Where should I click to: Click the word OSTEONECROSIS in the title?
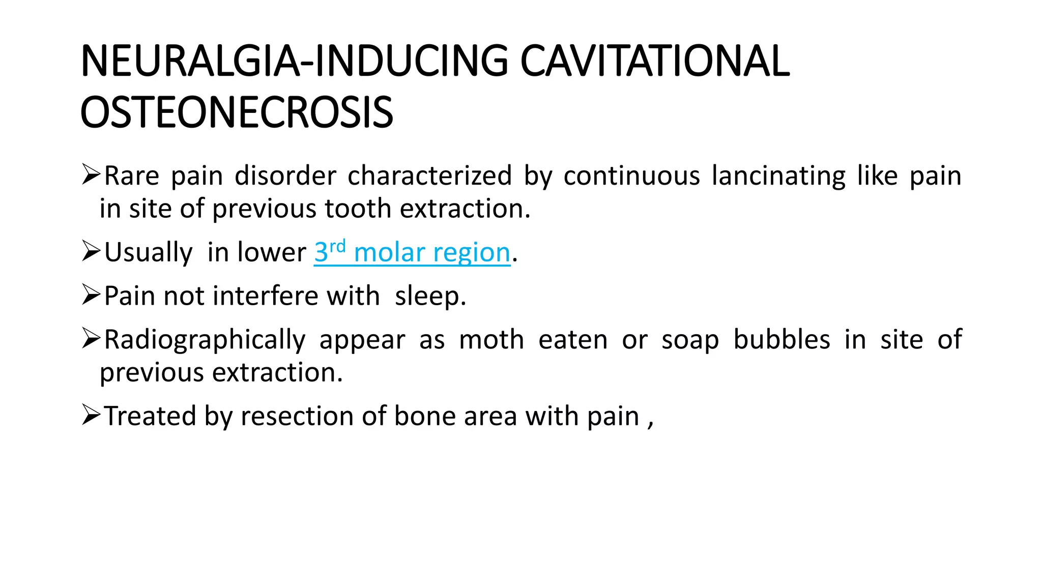237,112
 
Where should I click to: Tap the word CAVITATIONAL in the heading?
655,61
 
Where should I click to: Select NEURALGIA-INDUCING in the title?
294,61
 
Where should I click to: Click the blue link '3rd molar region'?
412,252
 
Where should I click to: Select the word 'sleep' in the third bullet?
427,296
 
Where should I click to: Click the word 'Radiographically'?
205,340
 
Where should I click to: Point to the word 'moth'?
491,340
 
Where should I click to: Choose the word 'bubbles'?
781,340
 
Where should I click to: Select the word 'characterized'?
429,176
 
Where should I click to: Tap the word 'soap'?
690,340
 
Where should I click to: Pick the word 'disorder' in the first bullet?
285,176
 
